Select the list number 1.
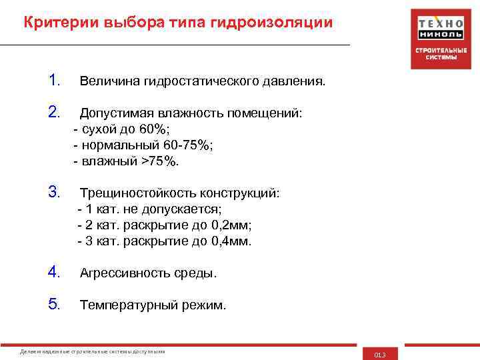point(55,81)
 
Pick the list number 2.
point(55,113)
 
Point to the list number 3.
point(55,193)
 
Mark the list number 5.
point(55,305)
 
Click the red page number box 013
point(380,354)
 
